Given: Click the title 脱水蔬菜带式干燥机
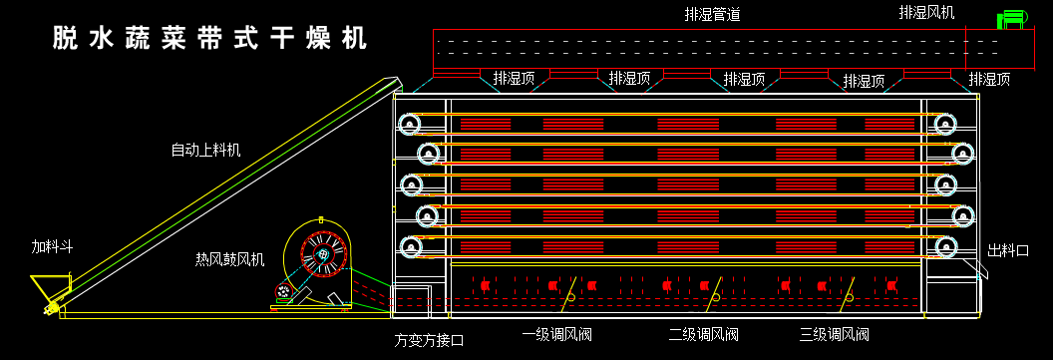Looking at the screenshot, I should coord(209,39).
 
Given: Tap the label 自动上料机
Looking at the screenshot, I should coord(205,151).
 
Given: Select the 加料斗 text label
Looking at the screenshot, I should coord(52,246).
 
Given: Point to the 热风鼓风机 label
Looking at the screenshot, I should coord(229,259).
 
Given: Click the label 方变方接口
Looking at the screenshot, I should coord(429,340).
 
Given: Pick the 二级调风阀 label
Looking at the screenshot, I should coord(703,335).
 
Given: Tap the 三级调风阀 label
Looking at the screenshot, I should coord(835,335).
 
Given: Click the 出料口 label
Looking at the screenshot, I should coord(1008,251).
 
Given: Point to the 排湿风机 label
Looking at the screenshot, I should coord(926,13).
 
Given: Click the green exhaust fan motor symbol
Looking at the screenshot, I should coord(1013,19).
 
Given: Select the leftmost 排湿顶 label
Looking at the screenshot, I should coord(515,79).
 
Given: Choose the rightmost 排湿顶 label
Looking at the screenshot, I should coord(989,79).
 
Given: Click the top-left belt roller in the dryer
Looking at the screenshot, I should coord(409,125).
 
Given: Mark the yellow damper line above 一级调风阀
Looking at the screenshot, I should coord(570,288).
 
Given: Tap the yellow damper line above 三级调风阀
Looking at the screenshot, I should coord(848,288).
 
